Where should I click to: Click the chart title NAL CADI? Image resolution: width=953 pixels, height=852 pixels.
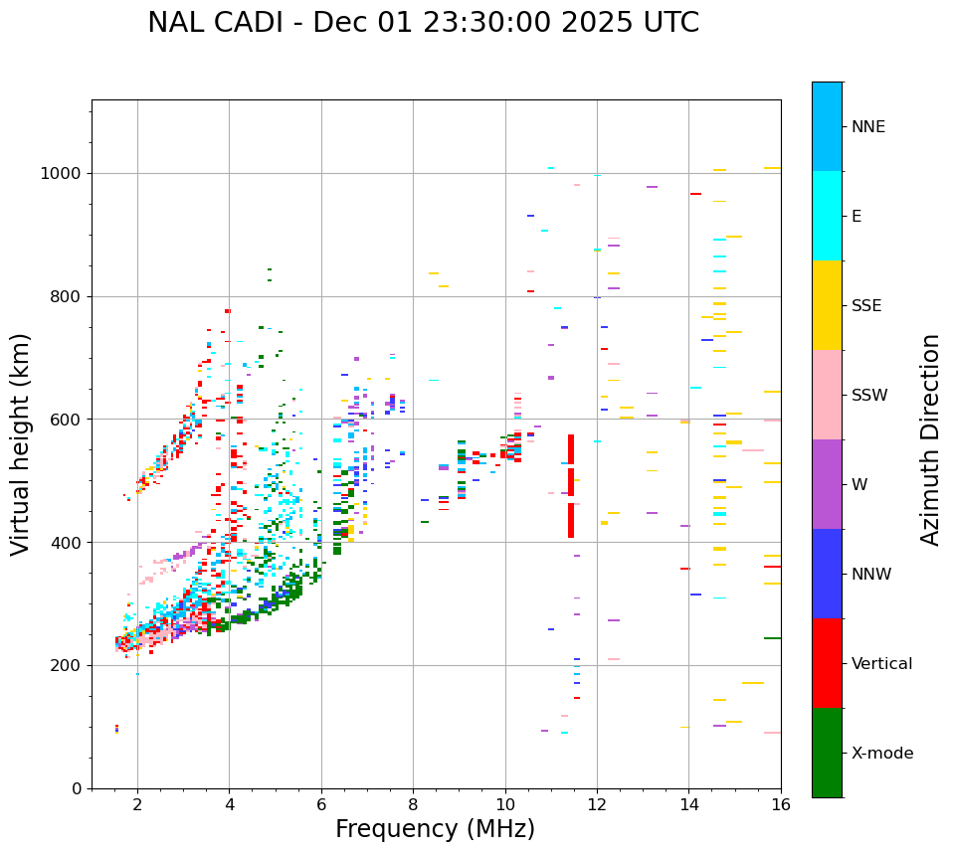(x=423, y=23)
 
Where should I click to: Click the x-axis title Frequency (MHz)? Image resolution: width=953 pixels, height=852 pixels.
(x=435, y=829)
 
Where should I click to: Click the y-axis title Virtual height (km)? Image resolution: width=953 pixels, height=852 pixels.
(x=21, y=443)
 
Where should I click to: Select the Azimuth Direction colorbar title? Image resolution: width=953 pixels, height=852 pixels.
(x=930, y=439)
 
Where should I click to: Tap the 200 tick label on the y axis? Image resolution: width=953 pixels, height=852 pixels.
(x=67, y=665)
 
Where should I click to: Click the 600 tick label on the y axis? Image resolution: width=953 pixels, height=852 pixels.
(x=67, y=420)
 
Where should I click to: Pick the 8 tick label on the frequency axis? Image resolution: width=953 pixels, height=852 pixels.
(x=413, y=804)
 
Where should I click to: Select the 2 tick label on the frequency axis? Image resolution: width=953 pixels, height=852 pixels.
(x=137, y=804)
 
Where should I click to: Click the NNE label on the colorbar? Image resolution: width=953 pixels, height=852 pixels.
(x=867, y=127)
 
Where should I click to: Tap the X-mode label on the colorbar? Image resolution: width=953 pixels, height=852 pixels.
(x=881, y=754)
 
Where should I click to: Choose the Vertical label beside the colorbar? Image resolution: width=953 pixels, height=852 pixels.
(x=881, y=664)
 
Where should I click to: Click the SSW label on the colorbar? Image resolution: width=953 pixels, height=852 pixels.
(x=869, y=396)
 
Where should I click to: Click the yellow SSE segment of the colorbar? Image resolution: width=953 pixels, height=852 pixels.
(x=827, y=305)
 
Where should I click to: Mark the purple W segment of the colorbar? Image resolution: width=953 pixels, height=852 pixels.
(x=827, y=484)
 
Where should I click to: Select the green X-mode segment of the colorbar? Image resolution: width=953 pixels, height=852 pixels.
(x=827, y=753)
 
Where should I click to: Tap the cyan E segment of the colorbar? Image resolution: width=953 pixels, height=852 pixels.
(x=827, y=216)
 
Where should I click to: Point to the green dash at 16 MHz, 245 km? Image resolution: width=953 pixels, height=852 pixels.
(x=772, y=638)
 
